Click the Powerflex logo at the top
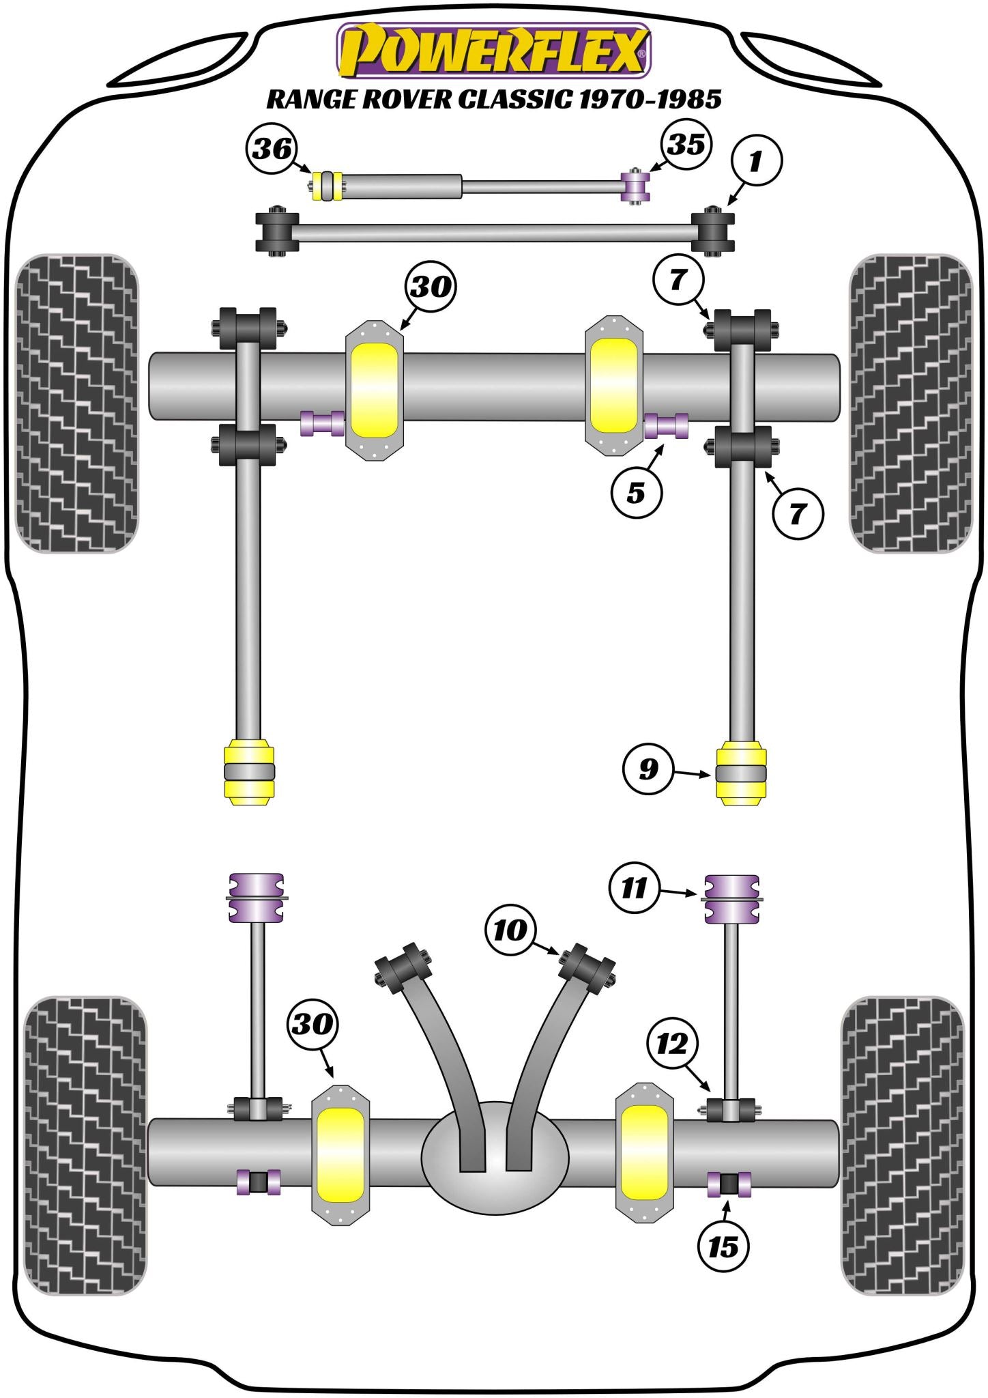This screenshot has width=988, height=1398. pyautogui.click(x=493, y=51)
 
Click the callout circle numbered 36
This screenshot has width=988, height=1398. pyautogui.click(x=272, y=148)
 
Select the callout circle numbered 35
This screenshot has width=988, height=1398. pyautogui.click(x=685, y=143)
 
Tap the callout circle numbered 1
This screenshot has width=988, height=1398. pyautogui.click(x=756, y=161)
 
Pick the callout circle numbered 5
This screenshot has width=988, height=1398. pyautogui.click(x=636, y=491)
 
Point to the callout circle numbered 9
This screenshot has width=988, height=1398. pyautogui.click(x=648, y=769)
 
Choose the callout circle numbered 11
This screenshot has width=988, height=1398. pyautogui.click(x=635, y=888)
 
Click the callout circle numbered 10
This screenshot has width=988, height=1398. pyautogui.click(x=510, y=930)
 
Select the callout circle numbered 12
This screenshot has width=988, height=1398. pyautogui.click(x=673, y=1043)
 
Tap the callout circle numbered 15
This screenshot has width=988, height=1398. pyautogui.click(x=723, y=1247)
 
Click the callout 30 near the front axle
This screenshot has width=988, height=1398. pyautogui.click(x=431, y=287)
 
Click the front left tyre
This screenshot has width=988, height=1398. pyautogui.click(x=76, y=403)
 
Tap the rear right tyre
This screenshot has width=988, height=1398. pyautogui.click(x=903, y=1145)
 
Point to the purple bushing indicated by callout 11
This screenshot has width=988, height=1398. pyautogui.click(x=731, y=898)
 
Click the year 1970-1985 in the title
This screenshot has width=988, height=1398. pyautogui.click(x=649, y=100)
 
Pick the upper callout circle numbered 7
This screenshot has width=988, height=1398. pyautogui.click(x=678, y=279)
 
